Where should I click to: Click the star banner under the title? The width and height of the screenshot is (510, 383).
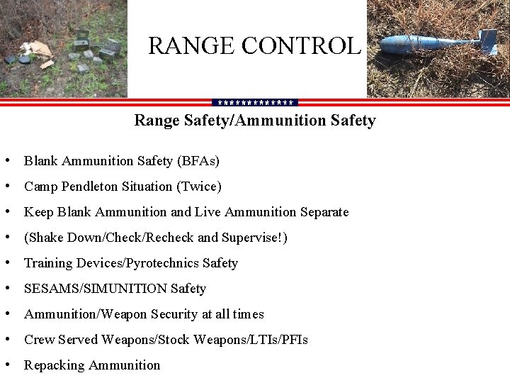(x=255, y=102)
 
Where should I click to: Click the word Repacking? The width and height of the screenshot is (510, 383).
(x=52, y=365)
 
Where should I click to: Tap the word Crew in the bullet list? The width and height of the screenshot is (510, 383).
(x=37, y=340)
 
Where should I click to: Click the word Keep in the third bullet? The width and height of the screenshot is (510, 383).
(x=38, y=212)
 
